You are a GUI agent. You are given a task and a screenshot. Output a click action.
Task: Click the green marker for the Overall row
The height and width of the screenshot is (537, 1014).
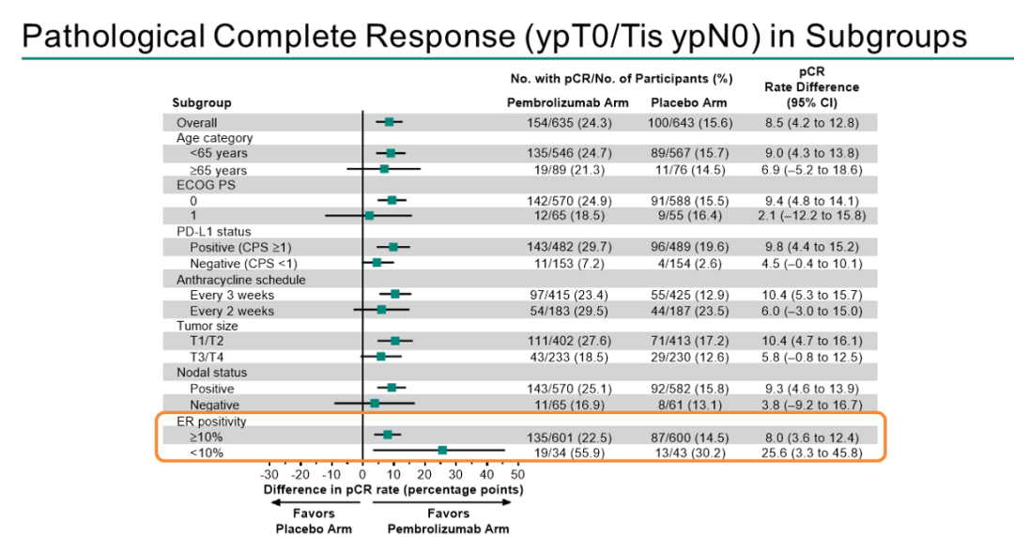[389, 122]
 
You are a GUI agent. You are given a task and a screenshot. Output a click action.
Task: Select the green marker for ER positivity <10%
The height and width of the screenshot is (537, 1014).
[442, 452]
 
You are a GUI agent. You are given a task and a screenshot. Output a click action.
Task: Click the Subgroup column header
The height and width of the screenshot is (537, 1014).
[201, 102]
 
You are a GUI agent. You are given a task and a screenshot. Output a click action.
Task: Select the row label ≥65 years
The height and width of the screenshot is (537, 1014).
[218, 170]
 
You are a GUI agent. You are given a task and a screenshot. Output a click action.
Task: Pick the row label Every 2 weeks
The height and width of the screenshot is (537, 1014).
[232, 311]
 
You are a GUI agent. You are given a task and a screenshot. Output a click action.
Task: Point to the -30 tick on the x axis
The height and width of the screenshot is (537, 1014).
[269, 475]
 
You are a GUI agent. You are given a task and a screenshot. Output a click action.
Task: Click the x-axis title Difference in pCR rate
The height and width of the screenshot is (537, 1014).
[392, 489]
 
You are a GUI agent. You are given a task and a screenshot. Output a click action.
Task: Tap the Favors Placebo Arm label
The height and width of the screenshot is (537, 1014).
[313, 521]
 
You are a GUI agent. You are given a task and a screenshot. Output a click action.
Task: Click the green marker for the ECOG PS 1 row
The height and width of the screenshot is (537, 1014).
[369, 216]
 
